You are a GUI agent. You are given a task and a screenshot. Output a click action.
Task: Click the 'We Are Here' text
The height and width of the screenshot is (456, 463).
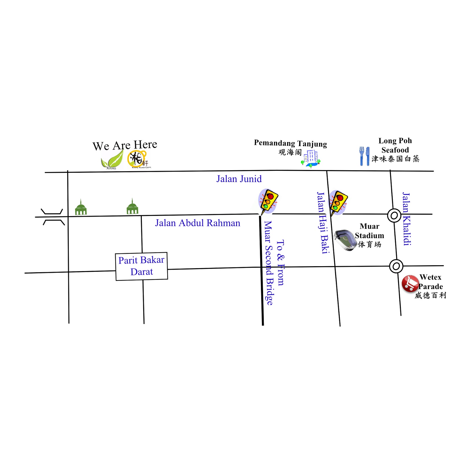point(125,145)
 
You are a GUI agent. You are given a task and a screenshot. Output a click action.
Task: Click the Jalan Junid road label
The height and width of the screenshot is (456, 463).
point(239,179)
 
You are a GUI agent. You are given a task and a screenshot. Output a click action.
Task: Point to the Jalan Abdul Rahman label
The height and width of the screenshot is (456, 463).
point(197,223)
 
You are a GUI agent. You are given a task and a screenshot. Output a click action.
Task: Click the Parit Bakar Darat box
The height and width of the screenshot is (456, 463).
point(142,266)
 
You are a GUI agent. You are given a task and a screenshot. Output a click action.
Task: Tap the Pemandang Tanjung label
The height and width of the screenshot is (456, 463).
point(290,143)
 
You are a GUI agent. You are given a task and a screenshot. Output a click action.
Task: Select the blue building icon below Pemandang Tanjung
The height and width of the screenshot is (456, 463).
point(311,158)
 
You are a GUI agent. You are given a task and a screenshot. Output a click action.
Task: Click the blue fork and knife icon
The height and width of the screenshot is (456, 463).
point(364,156)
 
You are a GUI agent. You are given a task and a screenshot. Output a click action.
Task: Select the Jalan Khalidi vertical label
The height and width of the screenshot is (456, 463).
point(407,219)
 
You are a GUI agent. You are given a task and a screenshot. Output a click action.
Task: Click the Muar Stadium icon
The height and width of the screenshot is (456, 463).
point(345,240)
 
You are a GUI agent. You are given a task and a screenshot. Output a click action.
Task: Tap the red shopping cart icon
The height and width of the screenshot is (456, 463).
point(410,283)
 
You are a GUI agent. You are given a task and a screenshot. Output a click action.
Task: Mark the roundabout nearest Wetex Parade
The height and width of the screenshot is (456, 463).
point(396,266)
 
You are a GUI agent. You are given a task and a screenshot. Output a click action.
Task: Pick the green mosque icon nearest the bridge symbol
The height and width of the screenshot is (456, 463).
point(81,208)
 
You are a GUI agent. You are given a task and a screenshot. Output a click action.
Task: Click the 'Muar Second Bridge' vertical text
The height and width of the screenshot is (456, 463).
point(268,263)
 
